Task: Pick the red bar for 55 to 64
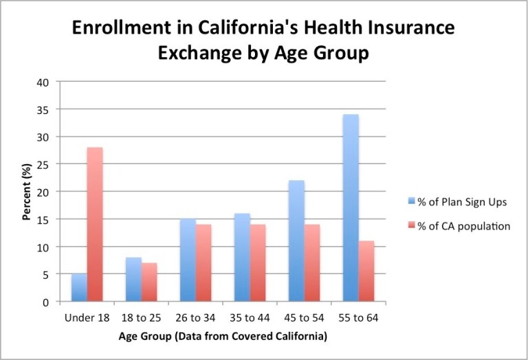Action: click(x=366, y=271)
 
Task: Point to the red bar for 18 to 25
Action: click(x=148, y=282)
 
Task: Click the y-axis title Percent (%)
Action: click(x=25, y=192)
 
